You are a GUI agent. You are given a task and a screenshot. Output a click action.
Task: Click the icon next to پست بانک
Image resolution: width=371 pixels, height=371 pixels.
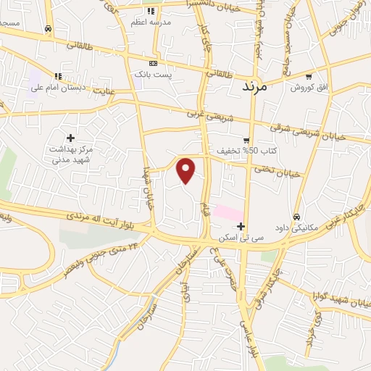[152, 64]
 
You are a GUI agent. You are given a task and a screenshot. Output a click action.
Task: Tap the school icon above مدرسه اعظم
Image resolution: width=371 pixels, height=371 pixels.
[151, 11]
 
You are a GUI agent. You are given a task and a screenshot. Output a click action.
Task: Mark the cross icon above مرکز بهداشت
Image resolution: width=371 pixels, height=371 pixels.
[70, 138]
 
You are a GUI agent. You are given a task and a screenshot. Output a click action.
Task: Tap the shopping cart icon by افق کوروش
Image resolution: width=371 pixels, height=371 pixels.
[308, 77]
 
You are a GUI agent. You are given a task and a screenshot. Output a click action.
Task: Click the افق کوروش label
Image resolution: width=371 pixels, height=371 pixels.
[310, 88]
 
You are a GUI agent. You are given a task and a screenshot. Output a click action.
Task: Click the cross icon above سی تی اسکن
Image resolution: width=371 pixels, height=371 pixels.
[241, 226]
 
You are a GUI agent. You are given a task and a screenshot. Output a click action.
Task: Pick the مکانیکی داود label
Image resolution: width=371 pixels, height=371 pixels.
[297, 227]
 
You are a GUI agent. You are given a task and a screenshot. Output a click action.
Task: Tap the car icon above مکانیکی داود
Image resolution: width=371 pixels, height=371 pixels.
[296, 217]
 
